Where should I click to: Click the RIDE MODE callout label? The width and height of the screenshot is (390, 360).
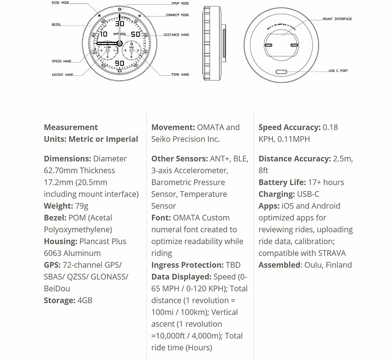coord(60,3)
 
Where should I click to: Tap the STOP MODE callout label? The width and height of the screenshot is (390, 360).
coord(180,3)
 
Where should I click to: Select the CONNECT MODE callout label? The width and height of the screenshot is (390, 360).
coord(177,15)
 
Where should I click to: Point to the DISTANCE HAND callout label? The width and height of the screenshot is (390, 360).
coord(176,35)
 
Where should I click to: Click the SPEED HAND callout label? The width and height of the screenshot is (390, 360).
coord(62,62)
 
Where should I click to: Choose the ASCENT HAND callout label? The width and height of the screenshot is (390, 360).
coord(62,75)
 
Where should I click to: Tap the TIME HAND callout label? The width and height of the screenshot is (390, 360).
coord(180,75)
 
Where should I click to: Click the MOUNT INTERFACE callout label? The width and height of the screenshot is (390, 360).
coord(337,19)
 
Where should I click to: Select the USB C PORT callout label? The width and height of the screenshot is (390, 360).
coord(338,71)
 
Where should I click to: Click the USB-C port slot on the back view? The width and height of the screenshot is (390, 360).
coord(282,72)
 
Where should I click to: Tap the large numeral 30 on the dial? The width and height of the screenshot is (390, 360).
coord(119,24)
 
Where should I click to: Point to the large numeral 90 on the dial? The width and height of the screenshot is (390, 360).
coord(119,63)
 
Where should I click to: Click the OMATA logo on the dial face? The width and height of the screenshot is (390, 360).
coord(119,34)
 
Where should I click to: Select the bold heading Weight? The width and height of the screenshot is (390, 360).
coord(58,206)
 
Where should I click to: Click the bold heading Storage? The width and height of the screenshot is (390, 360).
coord(60,300)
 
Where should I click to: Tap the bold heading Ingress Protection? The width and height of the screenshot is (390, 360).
coord(187,265)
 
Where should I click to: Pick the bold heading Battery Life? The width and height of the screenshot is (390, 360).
coord(282,182)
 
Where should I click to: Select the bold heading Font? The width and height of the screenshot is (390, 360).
coord(161,218)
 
